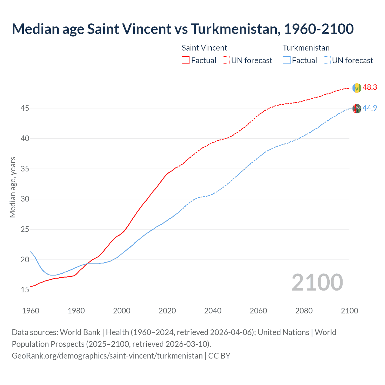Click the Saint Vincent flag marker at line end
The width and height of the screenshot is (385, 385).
(356, 88)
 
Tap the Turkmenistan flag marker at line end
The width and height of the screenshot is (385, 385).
(356, 108)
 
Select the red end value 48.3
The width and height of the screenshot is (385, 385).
(370, 88)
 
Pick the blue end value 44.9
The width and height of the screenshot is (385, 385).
(370, 108)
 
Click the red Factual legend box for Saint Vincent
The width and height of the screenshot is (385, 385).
(186, 60)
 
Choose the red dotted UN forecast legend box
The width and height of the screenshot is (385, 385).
(226, 60)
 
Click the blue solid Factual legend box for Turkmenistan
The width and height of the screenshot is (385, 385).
(286, 60)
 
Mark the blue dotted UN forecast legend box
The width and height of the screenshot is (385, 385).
(326, 60)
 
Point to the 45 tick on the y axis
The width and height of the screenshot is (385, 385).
(25, 108)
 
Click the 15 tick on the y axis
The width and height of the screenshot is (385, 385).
(25, 290)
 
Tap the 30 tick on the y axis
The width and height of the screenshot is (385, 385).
(25, 199)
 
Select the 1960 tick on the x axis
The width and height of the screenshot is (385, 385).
(31, 311)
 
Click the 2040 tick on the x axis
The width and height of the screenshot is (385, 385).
(213, 311)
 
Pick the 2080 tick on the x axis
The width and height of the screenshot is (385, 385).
(304, 311)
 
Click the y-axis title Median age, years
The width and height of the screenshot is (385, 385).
(13, 187)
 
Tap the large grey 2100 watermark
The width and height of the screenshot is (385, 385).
(317, 282)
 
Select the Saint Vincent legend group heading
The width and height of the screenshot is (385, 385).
(204, 48)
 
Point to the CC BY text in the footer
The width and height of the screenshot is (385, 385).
(219, 356)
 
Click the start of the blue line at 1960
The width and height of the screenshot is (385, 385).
(31, 252)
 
